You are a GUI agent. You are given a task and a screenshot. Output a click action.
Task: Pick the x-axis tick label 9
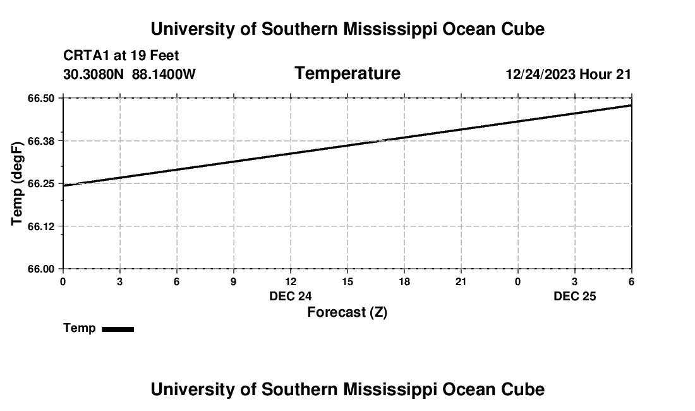click(234, 281)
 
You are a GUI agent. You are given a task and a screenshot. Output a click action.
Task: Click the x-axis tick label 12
click(291, 281)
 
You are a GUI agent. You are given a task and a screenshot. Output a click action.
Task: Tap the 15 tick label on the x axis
click(347, 281)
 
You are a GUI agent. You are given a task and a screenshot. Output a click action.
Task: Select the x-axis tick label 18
click(404, 281)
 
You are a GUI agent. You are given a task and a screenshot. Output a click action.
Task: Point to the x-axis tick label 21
click(461, 281)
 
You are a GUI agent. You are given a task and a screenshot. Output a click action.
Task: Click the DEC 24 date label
click(291, 296)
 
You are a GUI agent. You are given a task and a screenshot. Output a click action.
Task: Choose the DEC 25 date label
click(575, 296)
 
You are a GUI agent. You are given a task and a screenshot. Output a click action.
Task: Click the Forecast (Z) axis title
click(347, 312)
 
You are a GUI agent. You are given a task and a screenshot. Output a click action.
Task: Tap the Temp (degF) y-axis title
click(18, 183)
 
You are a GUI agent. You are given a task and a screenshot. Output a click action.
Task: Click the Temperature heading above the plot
click(347, 73)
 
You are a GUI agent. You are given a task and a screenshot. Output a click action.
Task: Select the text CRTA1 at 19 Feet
click(121, 56)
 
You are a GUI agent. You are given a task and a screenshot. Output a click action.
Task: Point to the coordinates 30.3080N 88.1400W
click(130, 75)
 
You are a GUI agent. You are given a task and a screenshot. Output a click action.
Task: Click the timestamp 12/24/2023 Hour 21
click(568, 75)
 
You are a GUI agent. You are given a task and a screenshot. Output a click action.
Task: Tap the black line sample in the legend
click(118, 329)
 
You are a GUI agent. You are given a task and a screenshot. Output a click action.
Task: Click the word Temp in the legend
click(80, 328)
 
